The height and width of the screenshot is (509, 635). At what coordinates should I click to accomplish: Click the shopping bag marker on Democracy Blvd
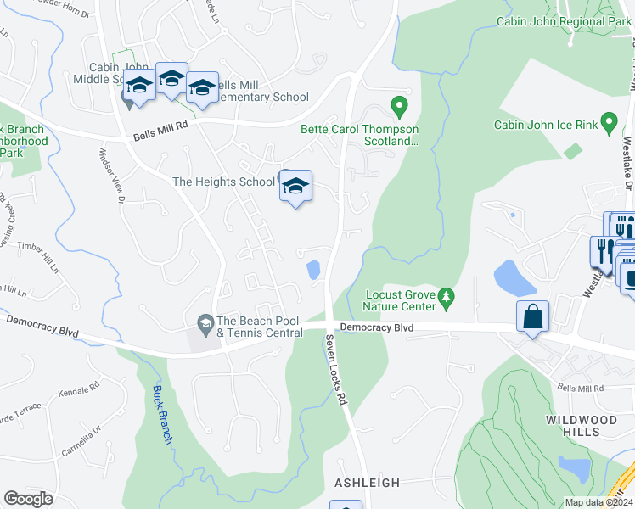point(532,317)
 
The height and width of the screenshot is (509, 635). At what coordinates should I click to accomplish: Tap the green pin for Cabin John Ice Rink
point(608,124)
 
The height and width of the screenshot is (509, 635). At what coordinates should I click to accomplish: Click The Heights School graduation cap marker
point(295,187)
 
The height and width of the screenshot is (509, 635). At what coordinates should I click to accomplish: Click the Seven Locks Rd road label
point(337,368)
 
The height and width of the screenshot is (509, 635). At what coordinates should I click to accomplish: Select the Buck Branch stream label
point(163,415)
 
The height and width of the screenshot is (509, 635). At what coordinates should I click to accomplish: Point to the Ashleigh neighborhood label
point(367,482)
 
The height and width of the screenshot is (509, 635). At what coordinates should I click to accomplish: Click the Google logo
point(29,499)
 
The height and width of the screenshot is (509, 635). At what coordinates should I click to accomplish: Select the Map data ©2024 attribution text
point(598,502)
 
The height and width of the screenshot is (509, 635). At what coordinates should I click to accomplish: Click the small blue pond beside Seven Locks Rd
point(312,271)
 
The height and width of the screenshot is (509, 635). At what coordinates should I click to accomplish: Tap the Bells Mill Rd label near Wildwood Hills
point(580,388)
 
